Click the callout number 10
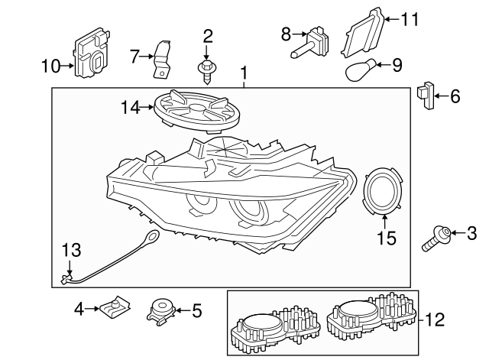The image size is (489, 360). pyautogui.click(x=50, y=66)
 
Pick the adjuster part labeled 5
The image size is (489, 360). pyautogui.click(x=161, y=310)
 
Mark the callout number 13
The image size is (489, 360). pyautogui.click(x=70, y=250)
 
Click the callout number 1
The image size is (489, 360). pyautogui.click(x=244, y=74)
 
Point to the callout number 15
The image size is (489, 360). pyautogui.click(x=387, y=238)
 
